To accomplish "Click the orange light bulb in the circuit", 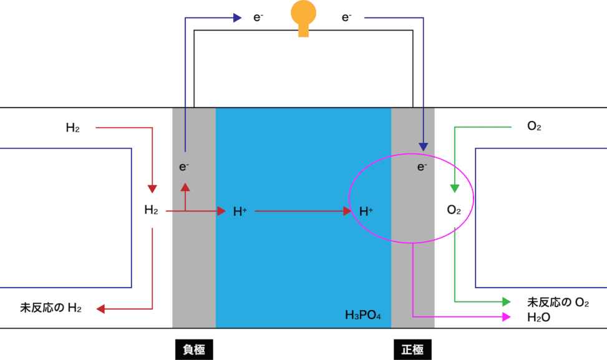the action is tap(303, 18).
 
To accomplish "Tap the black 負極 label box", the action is tap(194, 349).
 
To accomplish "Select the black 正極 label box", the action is tap(412, 349).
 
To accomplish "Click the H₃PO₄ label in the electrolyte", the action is tap(362, 314).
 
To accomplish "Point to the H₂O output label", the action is tap(538, 318).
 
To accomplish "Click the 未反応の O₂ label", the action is tap(558, 302).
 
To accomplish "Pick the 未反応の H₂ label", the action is tap(51, 308).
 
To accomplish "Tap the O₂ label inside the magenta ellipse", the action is tap(454, 210).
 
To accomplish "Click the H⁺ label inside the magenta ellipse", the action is tap(366, 212).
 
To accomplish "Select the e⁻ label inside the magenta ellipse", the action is tap(422, 167).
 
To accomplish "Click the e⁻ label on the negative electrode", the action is tap(184, 167).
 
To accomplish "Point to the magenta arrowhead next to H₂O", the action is tap(507, 317).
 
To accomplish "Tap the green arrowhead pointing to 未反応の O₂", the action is tap(507, 301).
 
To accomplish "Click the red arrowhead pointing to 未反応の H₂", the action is tap(100, 309).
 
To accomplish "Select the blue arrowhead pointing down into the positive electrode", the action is tap(424, 147).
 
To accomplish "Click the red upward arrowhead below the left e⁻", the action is tap(185, 187).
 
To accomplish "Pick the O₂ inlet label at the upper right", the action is tap(534, 126).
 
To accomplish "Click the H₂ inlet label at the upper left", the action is tap(73, 127).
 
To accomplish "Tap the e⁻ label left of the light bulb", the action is tap(258, 17).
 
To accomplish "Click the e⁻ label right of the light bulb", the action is tap(346, 17).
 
